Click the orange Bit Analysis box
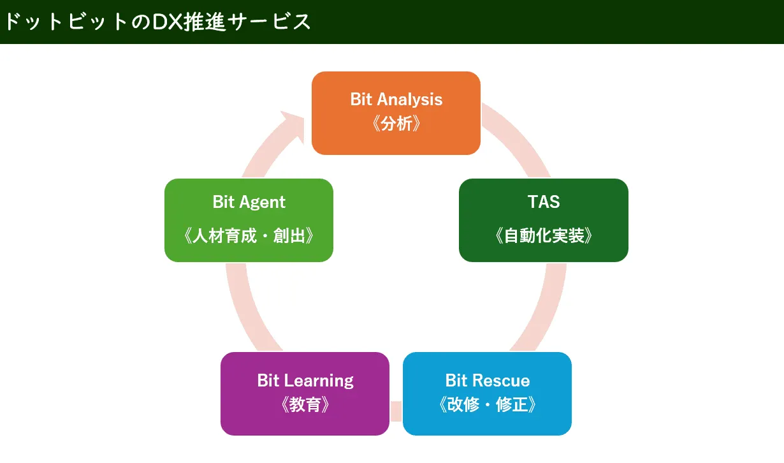(396, 113)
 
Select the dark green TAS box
(544, 220)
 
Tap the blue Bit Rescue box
(487, 393)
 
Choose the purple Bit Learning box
(305, 393)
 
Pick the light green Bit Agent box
(249, 220)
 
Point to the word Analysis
(410, 100)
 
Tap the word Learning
(319, 381)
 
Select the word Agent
(263, 202)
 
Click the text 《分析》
(396, 123)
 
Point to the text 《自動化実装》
(544, 235)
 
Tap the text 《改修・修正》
(487, 404)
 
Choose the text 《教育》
(305, 404)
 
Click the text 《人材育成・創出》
(249, 235)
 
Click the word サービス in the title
(269, 22)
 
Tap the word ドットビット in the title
(65, 22)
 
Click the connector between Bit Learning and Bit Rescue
(396, 411)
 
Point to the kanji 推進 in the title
(205, 22)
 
